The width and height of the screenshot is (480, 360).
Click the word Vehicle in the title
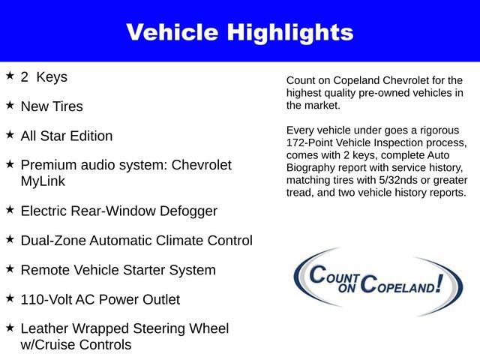[171, 32]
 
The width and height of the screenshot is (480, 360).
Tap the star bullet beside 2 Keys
[10, 76]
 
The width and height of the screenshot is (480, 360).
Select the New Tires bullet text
[52, 106]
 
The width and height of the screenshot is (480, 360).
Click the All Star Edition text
[67, 136]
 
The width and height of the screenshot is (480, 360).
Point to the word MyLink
[43, 181]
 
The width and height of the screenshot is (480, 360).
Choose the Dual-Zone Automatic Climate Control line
[136, 241]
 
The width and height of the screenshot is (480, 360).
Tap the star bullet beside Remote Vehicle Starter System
[10, 268]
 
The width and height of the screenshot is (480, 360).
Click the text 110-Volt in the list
[46, 299]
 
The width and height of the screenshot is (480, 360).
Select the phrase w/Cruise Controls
[76, 344]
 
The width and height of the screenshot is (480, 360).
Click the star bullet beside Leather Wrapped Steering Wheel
[10, 328]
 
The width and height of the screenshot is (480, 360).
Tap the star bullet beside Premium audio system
[10, 164]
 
